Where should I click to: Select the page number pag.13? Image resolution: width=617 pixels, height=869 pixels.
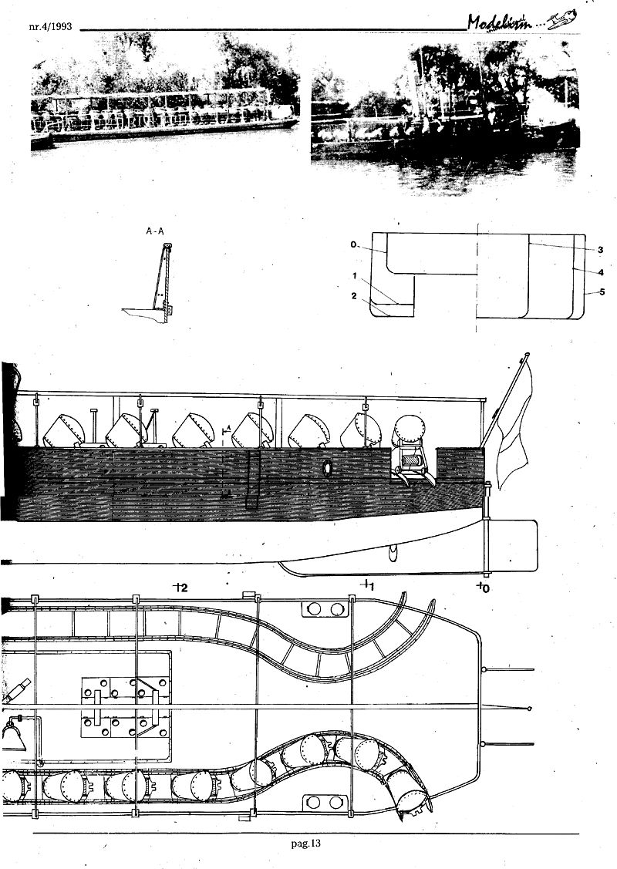pyautogui.click(x=306, y=843)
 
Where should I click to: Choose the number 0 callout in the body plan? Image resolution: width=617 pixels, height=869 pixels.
pyautogui.click(x=352, y=244)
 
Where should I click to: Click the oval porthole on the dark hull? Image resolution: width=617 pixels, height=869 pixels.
pyautogui.click(x=325, y=467)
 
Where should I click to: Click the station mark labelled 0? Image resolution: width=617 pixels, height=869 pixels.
pyautogui.click(x=483, y=588)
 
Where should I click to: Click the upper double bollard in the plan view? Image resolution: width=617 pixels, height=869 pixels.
pyautogui.click(x=324, y=610)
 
